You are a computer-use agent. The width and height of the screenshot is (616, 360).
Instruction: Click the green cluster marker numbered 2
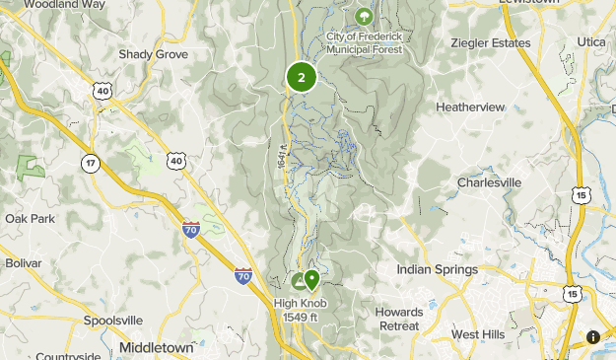point(301,77)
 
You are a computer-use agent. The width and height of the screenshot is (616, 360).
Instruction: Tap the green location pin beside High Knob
point(312,282)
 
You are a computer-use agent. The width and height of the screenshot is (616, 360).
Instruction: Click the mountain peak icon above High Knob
point(298,281)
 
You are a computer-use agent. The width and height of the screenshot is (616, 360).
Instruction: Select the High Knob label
point(301,303)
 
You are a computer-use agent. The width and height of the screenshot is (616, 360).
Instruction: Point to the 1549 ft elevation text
point(301,316)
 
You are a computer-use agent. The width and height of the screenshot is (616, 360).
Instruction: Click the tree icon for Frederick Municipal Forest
point(364,16)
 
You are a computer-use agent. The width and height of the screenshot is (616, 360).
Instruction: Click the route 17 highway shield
point(91,164)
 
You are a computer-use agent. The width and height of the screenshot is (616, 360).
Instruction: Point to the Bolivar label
point(24,263)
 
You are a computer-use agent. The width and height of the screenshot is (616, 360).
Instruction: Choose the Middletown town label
point(158,347)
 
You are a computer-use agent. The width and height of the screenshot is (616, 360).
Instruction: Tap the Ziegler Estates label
point(490,43)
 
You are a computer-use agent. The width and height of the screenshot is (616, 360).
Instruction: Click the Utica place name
point(590,42)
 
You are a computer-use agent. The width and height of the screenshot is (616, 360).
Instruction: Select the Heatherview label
point(470,107)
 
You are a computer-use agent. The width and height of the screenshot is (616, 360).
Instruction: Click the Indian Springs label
point(437,269)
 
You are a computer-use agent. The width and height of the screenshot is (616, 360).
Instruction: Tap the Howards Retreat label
point(399,319)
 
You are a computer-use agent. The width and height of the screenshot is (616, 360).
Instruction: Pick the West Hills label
point(478,335)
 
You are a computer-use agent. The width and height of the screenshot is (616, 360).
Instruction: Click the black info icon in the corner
point(593,337)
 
